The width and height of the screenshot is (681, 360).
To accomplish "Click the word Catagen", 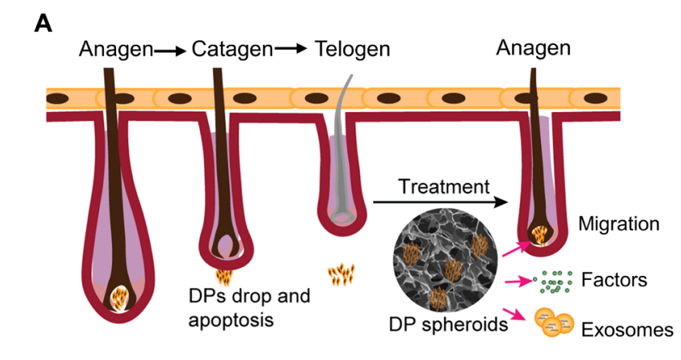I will (x=233, y=50).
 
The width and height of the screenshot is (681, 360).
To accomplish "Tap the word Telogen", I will (x=352, y=50).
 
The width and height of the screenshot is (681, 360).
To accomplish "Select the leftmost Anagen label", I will (x=116, y=50).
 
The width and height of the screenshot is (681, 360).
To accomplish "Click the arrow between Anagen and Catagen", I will (x=170, y=50).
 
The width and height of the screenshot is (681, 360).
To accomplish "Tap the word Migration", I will (x=620, y=224).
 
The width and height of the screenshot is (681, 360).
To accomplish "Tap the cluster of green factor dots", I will (x=553, y=281).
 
